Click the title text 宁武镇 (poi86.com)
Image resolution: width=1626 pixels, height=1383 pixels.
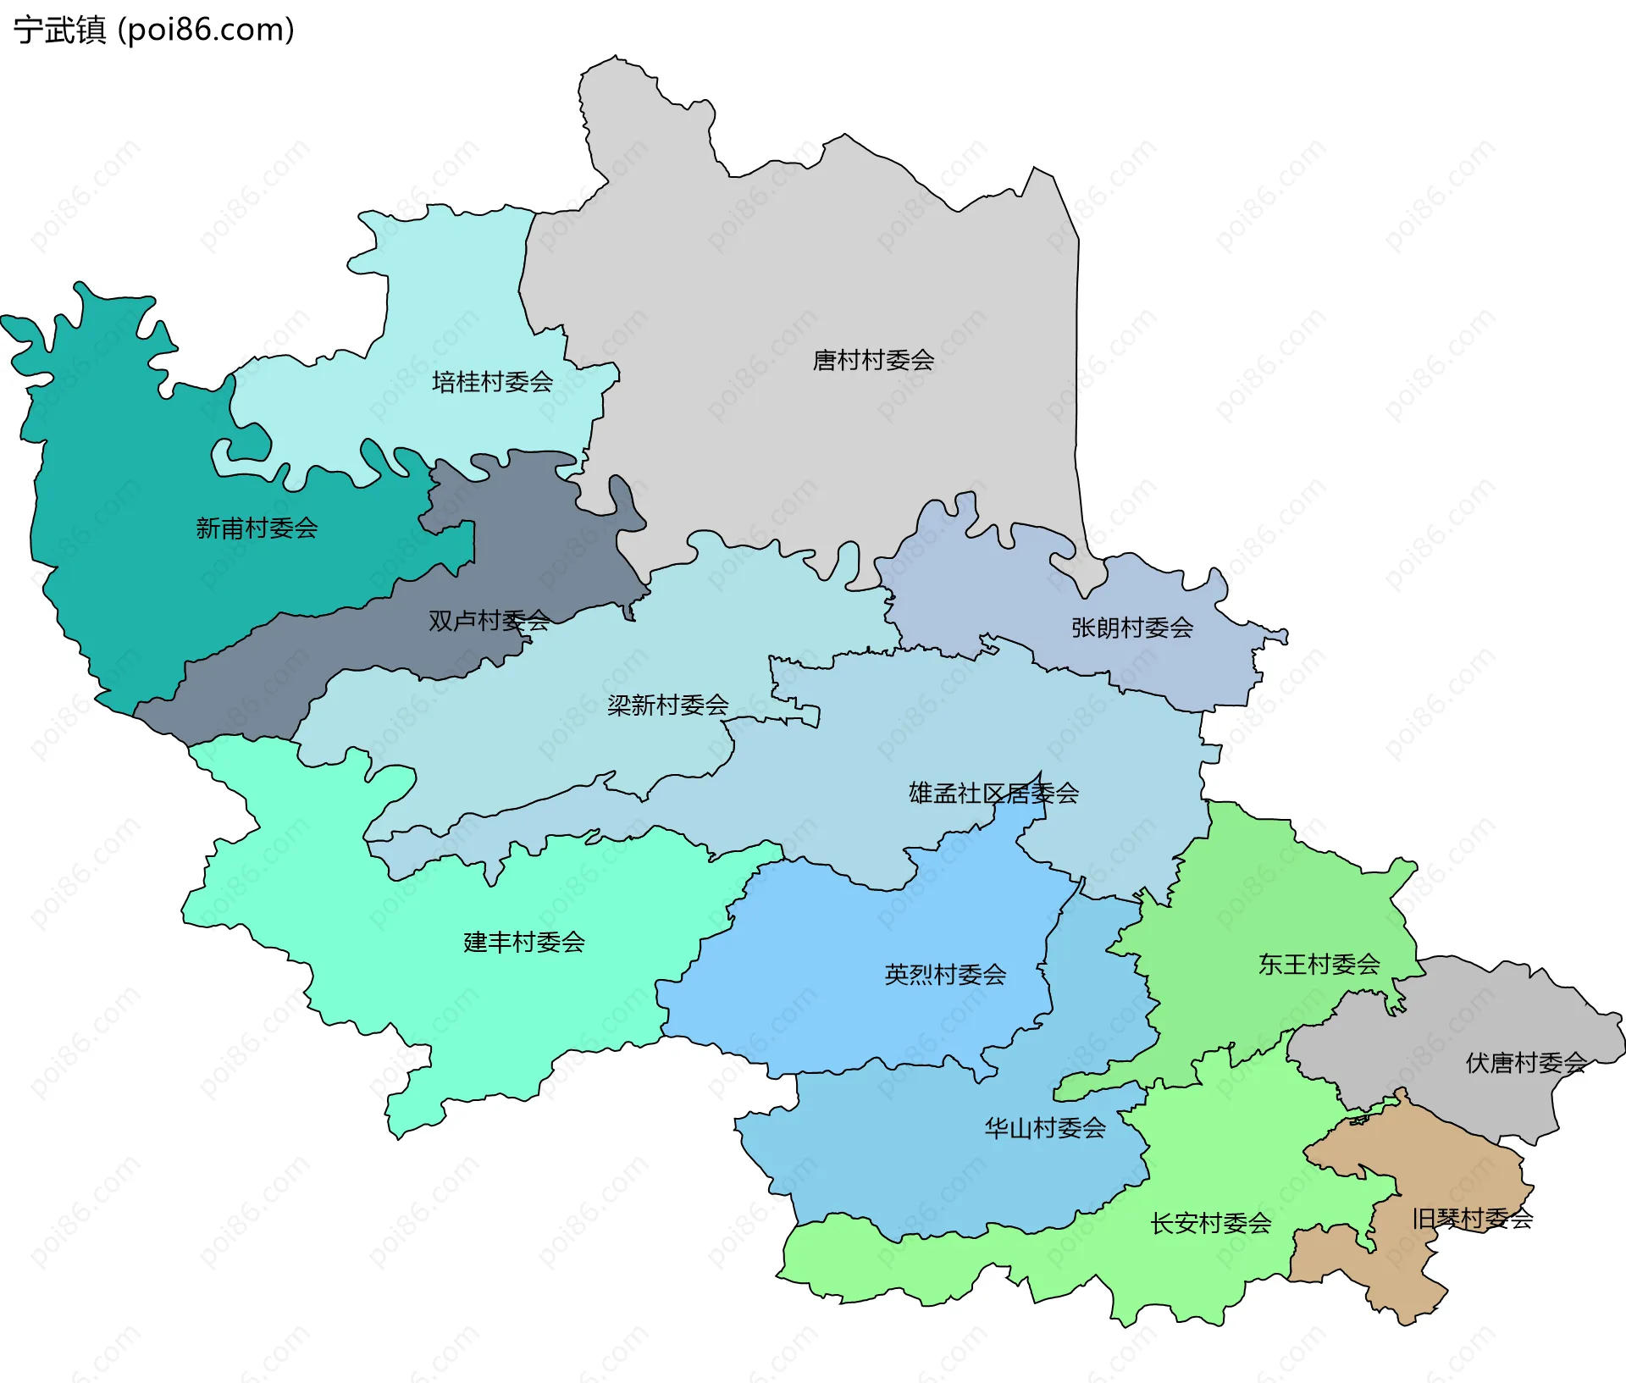pos(153,30)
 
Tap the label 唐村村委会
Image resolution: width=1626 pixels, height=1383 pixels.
pos(873,360)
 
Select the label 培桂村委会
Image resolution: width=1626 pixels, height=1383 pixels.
pos(492,382)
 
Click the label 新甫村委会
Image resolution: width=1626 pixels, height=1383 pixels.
pos(257,528)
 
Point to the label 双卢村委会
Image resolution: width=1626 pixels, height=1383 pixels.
pos(489,621)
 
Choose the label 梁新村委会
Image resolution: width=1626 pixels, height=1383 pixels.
pos(667,705)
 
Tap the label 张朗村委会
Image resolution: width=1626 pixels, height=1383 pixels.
pos(1132,628)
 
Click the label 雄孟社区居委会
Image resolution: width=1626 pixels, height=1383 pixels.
pos(993,794)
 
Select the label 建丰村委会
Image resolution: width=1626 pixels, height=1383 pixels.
pos(524,942)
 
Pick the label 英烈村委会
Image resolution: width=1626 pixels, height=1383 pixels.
pos(945,975)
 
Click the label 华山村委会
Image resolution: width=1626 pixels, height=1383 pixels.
pos(1045,1128)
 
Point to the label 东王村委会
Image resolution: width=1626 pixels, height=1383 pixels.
pos(1319,964)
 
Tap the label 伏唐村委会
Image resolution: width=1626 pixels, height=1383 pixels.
pos(1526,1063)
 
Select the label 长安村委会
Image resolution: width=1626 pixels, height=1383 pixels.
pos(1210,1223)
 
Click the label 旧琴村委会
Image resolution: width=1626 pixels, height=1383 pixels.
pos(1472,1219)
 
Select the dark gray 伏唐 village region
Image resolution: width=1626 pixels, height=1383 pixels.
pos(1474,1016)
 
